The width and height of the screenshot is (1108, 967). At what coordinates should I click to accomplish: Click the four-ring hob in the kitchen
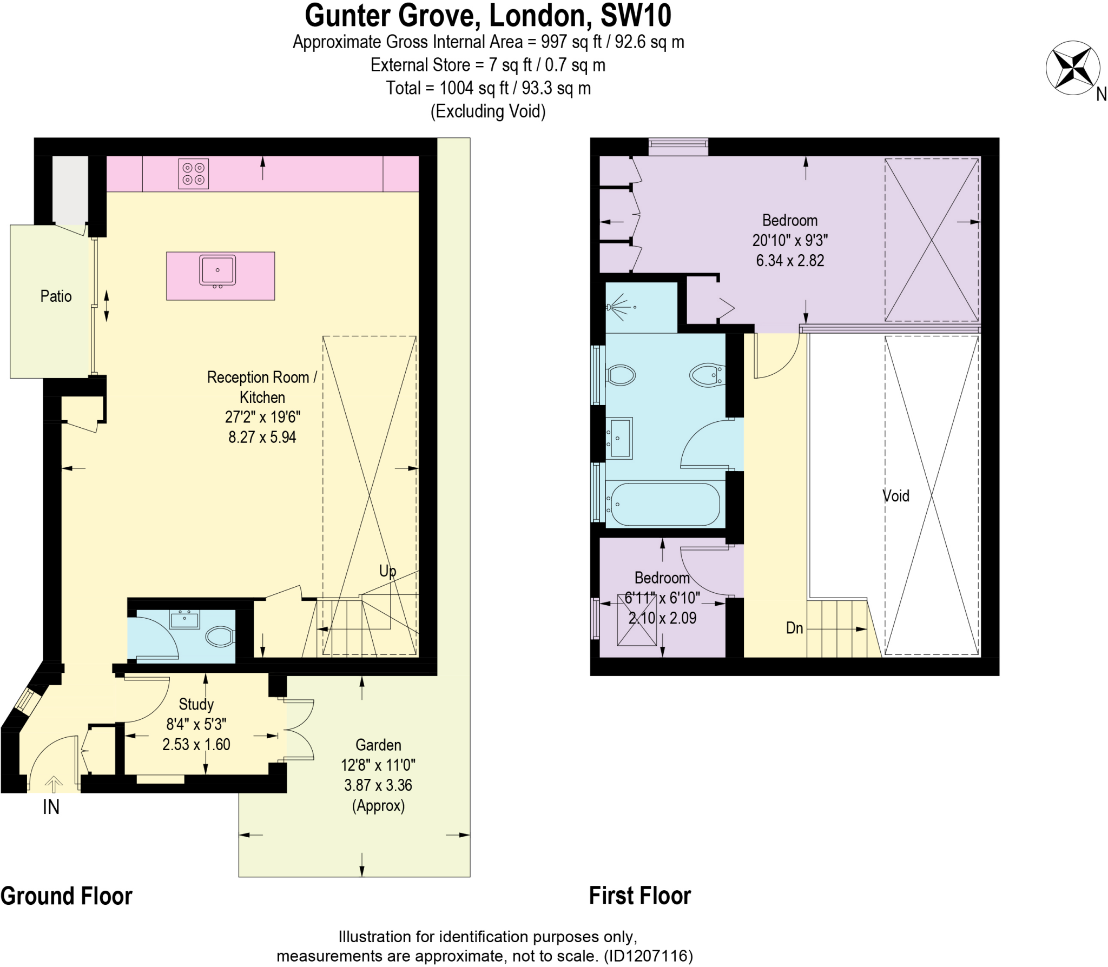tap(193, 174)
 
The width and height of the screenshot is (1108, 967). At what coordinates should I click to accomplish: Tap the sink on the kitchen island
tap(217, 270)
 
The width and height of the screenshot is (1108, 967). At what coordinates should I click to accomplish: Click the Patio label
tap(56, 296)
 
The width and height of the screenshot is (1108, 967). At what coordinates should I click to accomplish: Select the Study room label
tap(196, 704)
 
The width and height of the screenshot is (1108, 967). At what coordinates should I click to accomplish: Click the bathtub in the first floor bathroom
tap(663, 504)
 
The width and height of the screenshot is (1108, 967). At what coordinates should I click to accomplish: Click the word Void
tap(896, 496)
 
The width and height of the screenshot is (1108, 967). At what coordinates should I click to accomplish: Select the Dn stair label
tap(794, 628)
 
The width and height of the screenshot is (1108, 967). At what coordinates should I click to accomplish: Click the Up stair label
tap(387, 571)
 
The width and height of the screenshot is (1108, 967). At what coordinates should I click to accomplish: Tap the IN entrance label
tap(51, 807)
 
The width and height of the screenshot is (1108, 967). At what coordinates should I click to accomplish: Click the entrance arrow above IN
tap(53, 783)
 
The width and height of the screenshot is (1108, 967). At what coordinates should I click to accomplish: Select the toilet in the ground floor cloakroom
tap(220, 637)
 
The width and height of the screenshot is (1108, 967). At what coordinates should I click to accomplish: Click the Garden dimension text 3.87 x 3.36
tap(378, 785)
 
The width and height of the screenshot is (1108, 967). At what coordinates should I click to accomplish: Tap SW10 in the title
tap(636, 15)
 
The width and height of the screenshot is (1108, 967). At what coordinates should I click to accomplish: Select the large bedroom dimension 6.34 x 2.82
tap(790, 260)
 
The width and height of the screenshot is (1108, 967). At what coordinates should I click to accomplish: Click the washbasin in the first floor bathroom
tap(619, 438)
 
